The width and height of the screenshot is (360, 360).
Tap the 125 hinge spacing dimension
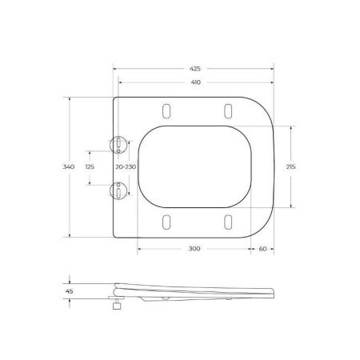pos(90,167)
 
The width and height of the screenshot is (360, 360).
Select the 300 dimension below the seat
pos(194,250)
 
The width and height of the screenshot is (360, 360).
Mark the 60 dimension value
pos(262,250)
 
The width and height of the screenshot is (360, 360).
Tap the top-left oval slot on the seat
pos(166,110)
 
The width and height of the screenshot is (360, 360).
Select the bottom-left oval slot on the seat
pos(166,222)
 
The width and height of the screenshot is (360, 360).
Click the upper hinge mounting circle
pos(118,143)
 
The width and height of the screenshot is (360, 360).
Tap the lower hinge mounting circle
pos(118,190)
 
